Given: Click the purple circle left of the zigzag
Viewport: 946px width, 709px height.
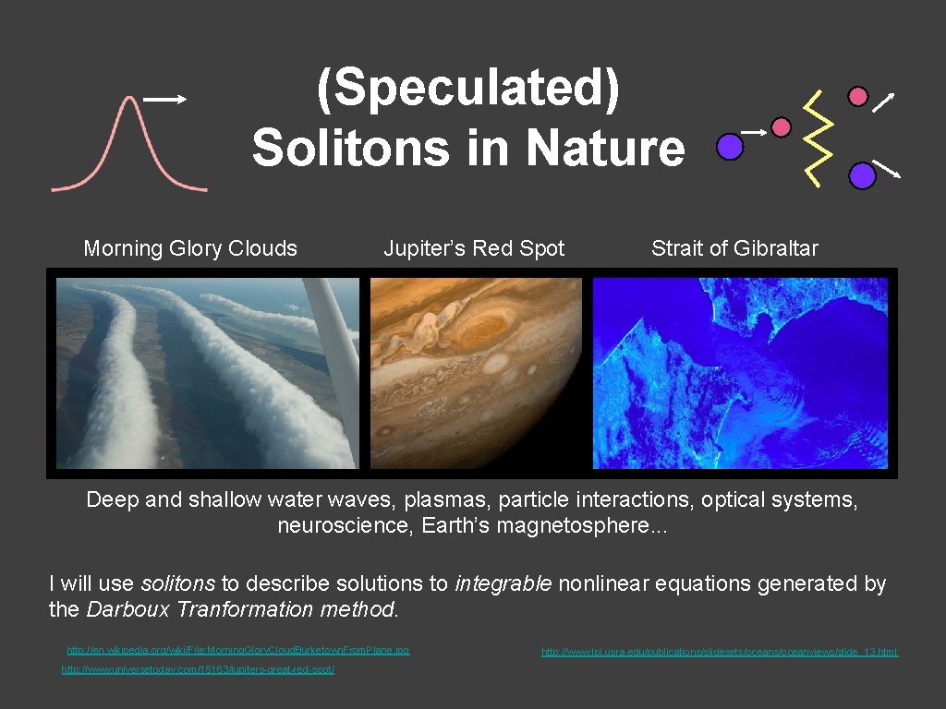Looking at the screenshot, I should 730,145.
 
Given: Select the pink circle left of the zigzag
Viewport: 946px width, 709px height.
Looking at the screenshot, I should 782,127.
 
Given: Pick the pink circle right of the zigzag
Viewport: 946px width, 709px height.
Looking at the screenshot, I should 858,96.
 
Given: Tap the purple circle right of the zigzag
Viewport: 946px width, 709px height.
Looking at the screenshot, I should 862,174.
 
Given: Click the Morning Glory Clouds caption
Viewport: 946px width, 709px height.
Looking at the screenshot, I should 190,248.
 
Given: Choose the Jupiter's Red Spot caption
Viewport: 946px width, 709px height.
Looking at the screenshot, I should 474,248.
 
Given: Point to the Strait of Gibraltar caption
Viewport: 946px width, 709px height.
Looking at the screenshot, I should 734,248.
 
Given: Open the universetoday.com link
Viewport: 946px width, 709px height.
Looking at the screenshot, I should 198,669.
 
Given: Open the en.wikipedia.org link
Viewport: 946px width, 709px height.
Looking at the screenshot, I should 238,651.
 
